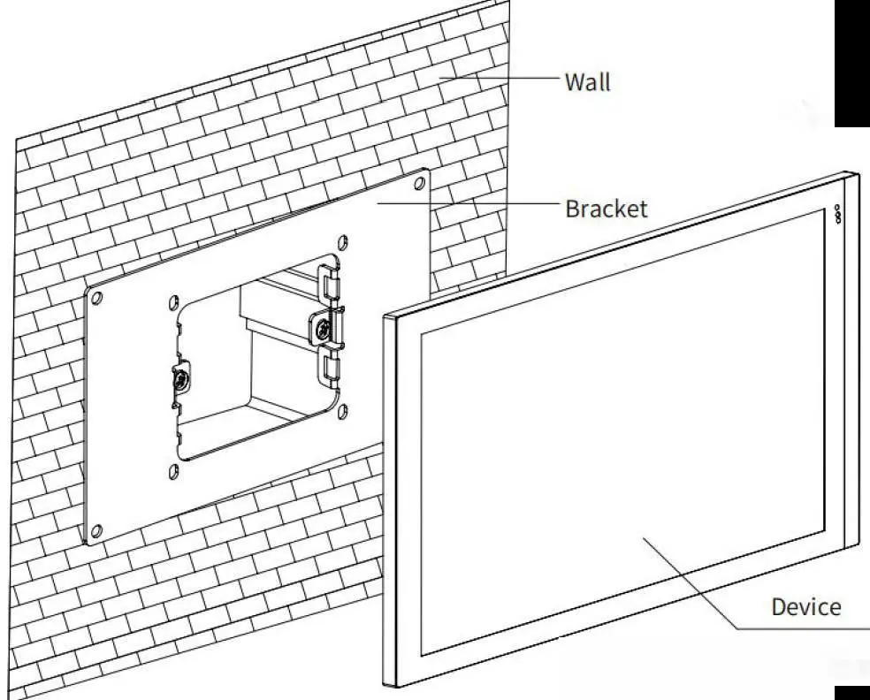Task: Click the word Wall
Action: click(588, 82)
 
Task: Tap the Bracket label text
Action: click(607, 209)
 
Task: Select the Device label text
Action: click(806, 607)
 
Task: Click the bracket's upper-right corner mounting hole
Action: click(420, 182)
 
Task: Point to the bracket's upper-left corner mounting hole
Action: click(96, 298)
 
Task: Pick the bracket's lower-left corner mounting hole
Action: click(96, 531)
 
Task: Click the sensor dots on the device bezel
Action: click(838, 214)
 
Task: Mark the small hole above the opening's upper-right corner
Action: click(343, 242)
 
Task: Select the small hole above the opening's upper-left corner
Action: click(173, 302)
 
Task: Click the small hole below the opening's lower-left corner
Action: click(172, 472)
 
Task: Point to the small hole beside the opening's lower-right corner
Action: click(342, 412)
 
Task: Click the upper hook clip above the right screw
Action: click(328, 282)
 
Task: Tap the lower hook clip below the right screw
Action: click(330, 367)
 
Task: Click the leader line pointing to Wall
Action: click(500, 78)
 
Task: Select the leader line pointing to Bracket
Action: click(469, 203)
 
